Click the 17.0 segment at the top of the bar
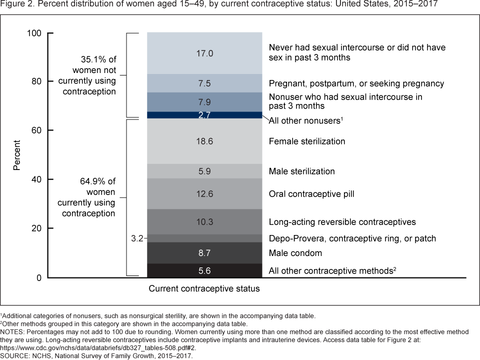[204, 53]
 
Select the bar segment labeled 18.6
[204, 141]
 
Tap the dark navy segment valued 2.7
[204, 115]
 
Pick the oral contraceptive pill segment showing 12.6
[204, 193]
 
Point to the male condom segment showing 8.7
[204, 253]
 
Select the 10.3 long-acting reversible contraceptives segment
[204, 221]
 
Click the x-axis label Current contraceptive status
[204, 288]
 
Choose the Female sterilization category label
[307, 141]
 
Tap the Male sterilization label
[302, 171]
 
